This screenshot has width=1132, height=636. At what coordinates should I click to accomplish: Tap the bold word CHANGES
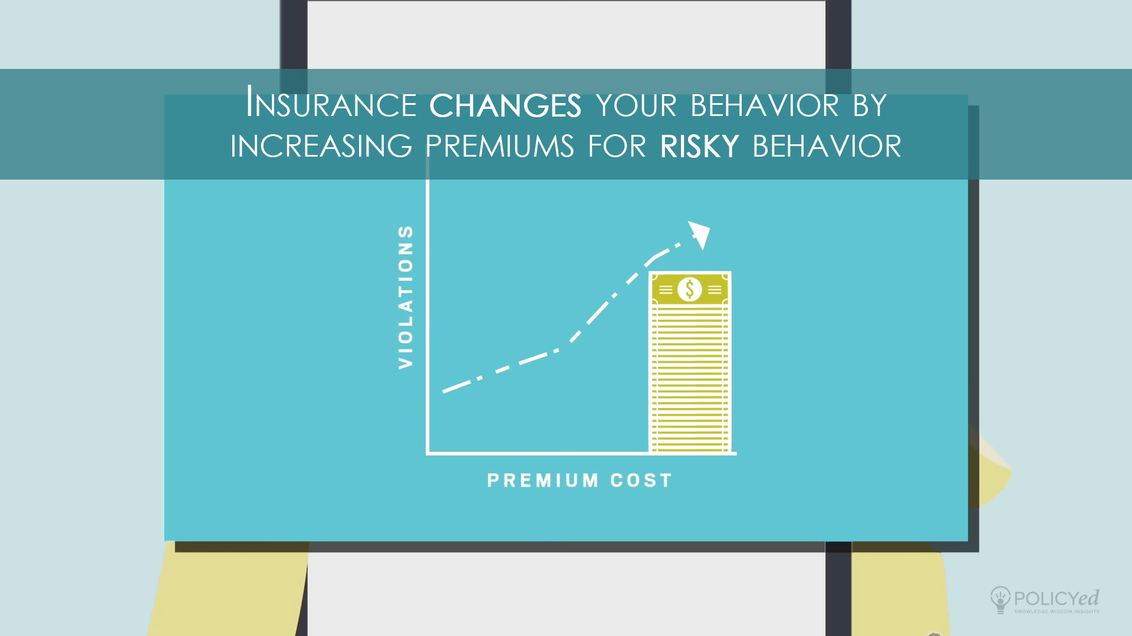pyautogui.click(x=505, y=105)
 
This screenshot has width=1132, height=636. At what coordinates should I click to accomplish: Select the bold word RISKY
pyautogui.click(x=700, y=146)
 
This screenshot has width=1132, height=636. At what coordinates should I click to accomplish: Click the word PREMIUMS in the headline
pyautogui.click(x=500, y=146)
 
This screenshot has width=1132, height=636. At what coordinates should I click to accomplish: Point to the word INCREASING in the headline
pyautogui.click(x=321, y=146)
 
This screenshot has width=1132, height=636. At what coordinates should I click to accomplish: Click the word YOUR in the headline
pyautogui.click(x=637, y=105)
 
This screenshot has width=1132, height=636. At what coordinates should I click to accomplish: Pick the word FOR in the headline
pyautogui.click(x=617, y=146)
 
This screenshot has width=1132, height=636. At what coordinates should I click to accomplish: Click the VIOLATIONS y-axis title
pyautogui.click(x=406, y=297)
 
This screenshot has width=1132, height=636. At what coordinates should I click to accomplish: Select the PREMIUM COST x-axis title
pyautogui.click(x=580, y=481)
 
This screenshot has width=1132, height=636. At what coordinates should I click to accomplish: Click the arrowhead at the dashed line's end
pyautogui.click(x=700, y=234)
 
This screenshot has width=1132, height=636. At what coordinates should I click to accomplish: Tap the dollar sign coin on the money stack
pyautogui.click(x=690, y=290)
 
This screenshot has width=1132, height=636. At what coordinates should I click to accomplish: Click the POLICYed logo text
pyautogui.click(x=1057, y=598)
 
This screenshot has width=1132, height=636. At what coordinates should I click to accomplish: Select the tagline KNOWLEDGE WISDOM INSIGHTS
pyautogui.click(x=1057, y=612)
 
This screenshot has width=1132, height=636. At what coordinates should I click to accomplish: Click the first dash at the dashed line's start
pyautogui.click(x=457, y=386)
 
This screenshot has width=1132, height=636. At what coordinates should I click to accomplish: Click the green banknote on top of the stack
pyautogui.click(x=690, y=289)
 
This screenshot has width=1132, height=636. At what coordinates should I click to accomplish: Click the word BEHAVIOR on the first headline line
pyautogui.click(x=765, y=105)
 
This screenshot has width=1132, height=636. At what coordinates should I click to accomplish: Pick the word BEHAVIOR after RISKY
pyautogui.click(x=827, y=146)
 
